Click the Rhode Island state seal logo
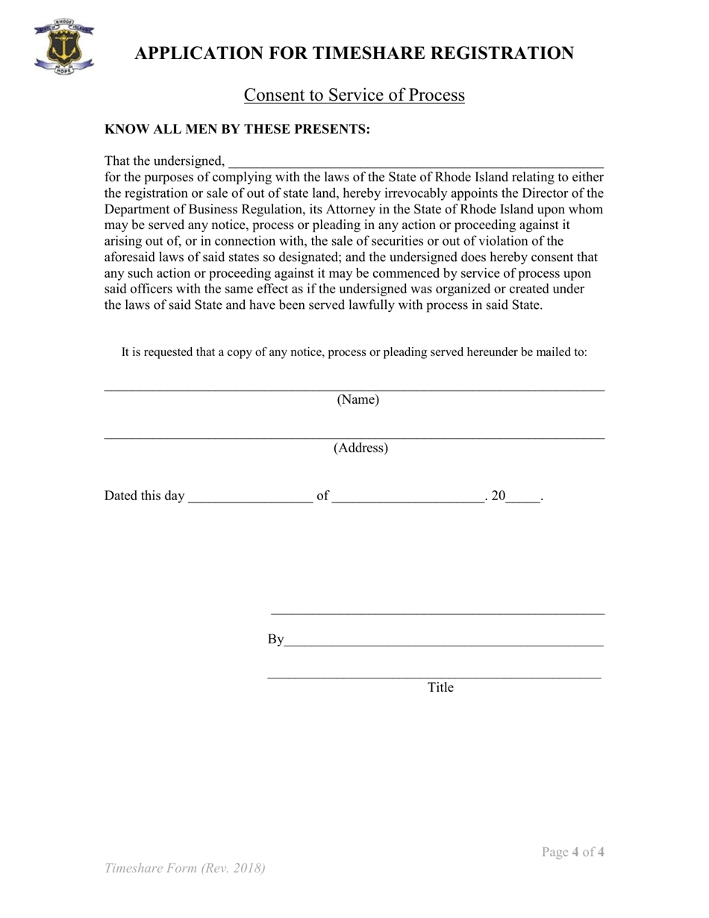[x=63, y=46]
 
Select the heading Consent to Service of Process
[x=354, y=96]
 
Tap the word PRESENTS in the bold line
[x=331, y=129]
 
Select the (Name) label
[x=358, y=400]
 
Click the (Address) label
[x=360, y=449]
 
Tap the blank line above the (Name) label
[x=354, y=388]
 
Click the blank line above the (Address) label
[x=354, y=437]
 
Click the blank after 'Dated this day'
[x=251, y=498]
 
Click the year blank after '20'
[x=523, y=498]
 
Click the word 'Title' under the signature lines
[x=440, y=688]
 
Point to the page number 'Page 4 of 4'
[x=573, y=852]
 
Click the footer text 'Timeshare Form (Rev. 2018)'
[x=185, y=868]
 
